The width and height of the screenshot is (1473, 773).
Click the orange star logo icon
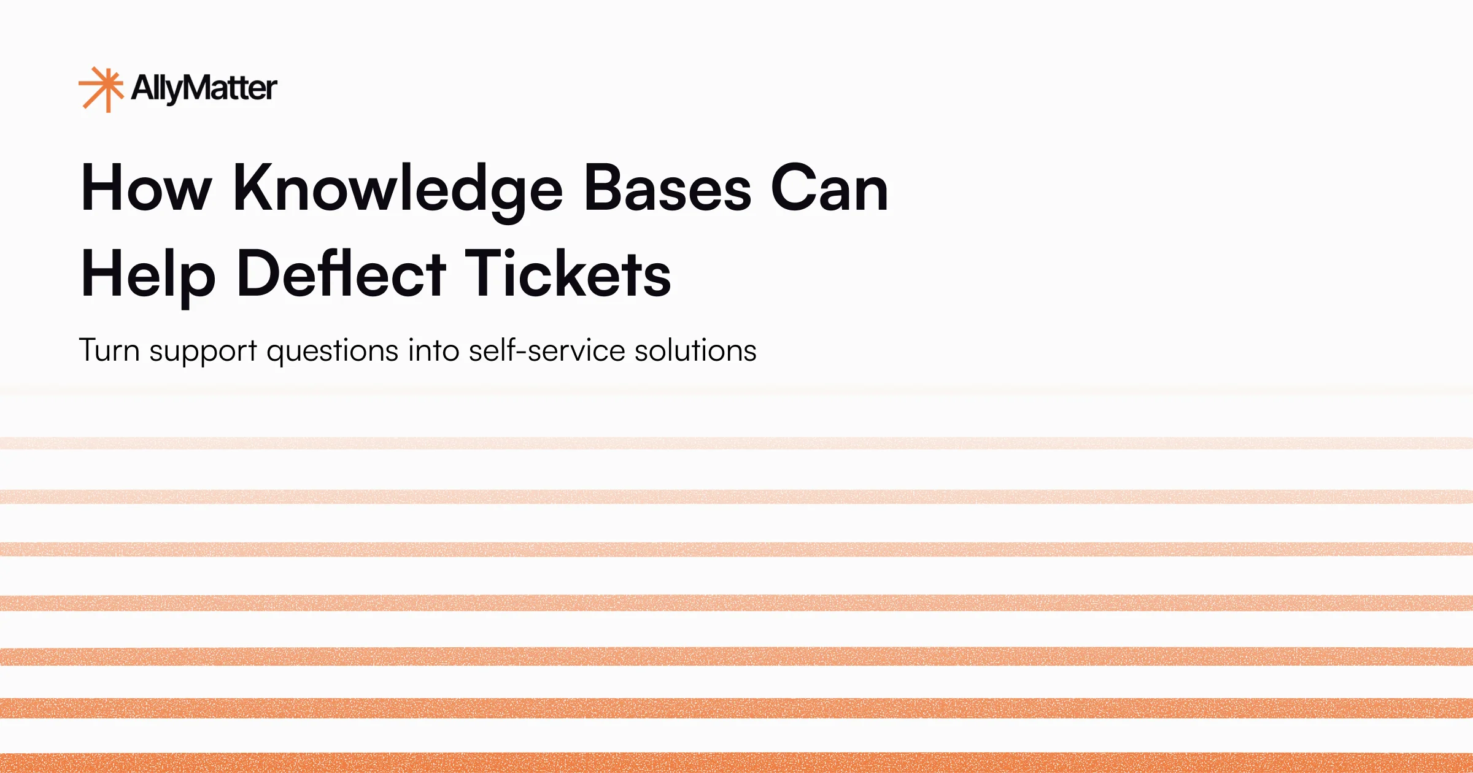tap(101, 89)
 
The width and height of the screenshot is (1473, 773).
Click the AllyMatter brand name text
tap(204, 89)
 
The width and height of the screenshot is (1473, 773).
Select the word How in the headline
tap(146, 188)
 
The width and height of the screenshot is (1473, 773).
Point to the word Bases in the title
tap(667, 188)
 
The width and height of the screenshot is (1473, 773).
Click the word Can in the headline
tap(829, 188)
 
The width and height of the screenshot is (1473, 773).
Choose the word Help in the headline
tap(148, 274)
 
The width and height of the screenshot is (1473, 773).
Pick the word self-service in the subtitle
tap(547, 351)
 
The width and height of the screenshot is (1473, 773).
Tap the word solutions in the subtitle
tap(695, 351)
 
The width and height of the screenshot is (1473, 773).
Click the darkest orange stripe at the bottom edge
tap(736, 763)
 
